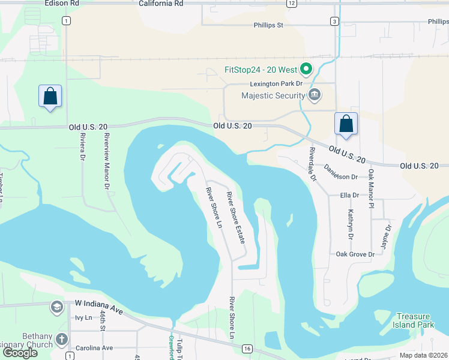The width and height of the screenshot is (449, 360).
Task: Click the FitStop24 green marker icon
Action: pyautogui.click(x=306, y=70)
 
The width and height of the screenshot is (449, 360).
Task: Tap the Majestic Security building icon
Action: pyautogui.click(x=314, y=95)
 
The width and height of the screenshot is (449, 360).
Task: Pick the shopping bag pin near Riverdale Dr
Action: pyautogui.click(x=346, y=124)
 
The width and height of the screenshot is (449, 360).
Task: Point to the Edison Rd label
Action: pyautogui.click(x=62, y=3)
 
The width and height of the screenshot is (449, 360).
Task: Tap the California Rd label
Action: pyautogui.click(x=160, y=3)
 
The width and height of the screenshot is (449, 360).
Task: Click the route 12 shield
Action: pyautogui.click(x=291, y=3)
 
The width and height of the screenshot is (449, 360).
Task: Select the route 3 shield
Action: pyautogui.click(x=334, y=21)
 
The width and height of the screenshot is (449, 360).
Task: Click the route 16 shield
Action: pyautogui.click(x=247, y=348)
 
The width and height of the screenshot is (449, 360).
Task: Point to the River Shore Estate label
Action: pyautogui.click(x=236, y=217)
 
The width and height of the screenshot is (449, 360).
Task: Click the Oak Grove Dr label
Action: pyautogui.click(x=355, y=254)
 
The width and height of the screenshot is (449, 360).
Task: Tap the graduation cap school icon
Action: pyautogui.click(x=56, y=307)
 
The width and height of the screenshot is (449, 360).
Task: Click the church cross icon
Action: pyautogui.click(x=61, y=340)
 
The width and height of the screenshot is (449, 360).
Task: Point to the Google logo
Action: pyautogui.click(x=19, y=353)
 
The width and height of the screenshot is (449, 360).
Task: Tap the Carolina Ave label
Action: pyautogui.click(x=94, y=348)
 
